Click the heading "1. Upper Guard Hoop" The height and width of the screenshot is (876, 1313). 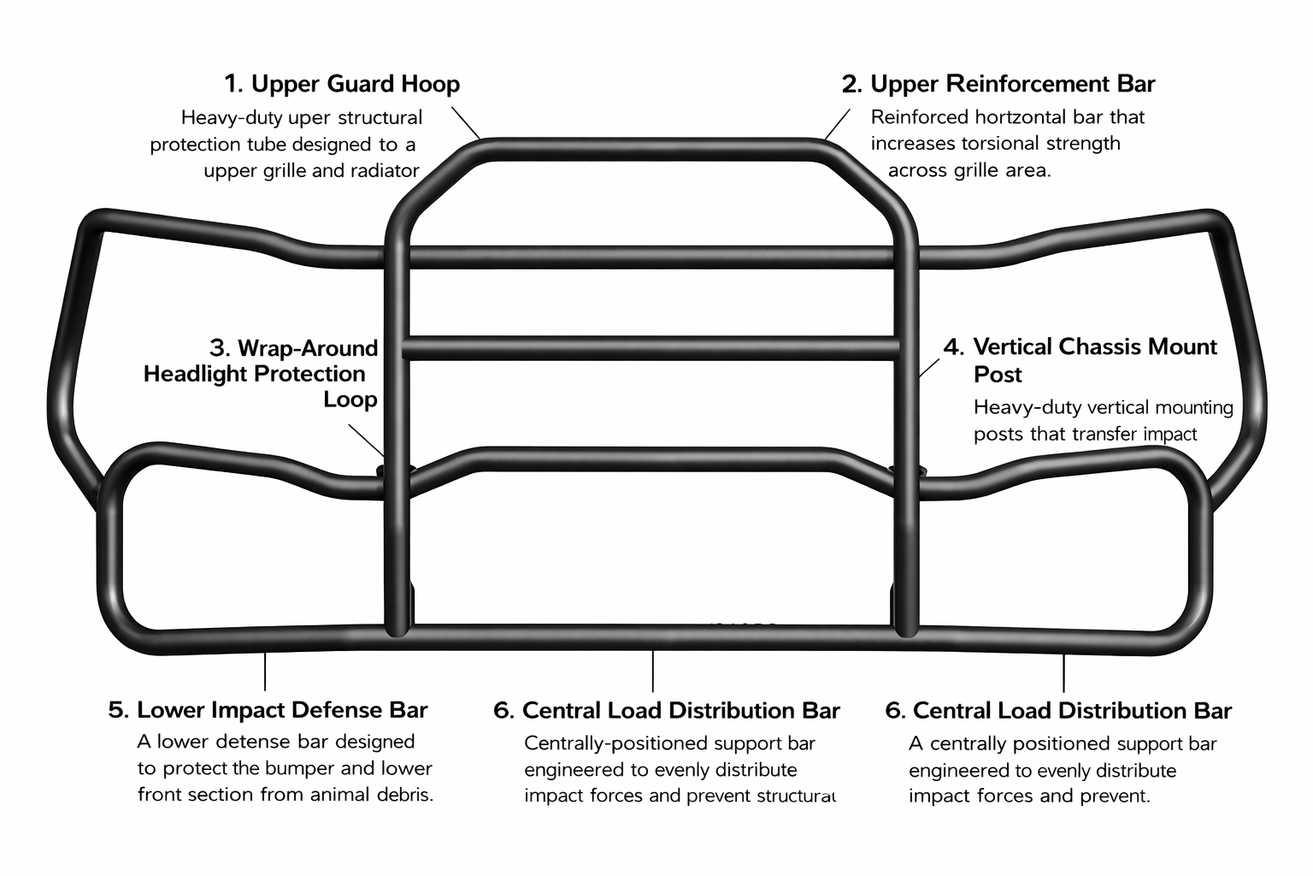342,84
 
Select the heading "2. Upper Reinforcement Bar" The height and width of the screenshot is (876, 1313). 998,84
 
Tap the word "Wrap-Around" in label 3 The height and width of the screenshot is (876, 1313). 308,348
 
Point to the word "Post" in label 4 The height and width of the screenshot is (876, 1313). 998,375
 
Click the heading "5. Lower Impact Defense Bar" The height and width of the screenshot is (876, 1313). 268,710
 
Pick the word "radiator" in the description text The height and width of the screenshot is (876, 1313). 386,171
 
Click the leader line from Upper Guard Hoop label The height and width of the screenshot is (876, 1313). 466,122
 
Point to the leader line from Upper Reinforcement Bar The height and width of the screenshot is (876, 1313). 838,124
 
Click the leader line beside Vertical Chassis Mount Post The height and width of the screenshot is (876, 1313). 929,368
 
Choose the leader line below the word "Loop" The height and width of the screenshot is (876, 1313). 367,440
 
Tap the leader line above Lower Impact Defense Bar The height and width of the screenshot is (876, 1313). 265,672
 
